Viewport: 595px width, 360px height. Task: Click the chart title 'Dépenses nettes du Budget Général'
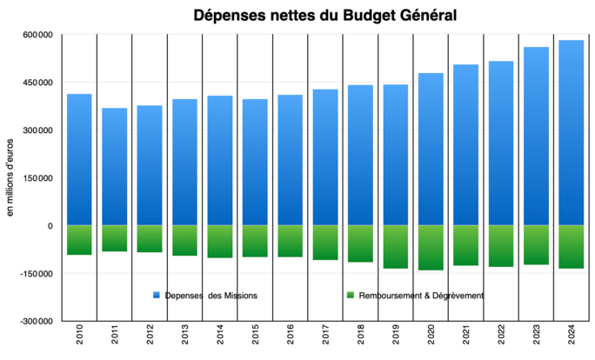324,15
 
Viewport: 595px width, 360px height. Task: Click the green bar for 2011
114,238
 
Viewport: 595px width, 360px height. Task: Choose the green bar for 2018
360,243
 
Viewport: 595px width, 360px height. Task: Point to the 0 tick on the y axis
50,225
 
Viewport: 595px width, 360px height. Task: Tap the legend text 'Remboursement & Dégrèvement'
420,296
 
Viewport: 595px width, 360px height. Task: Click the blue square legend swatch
157,296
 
